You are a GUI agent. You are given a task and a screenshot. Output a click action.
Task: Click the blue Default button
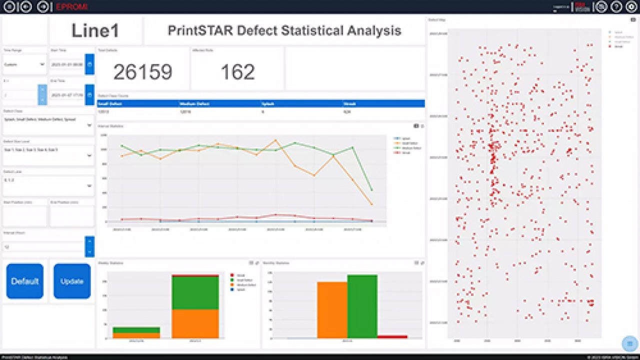pyautogui.click(x=24, y=281)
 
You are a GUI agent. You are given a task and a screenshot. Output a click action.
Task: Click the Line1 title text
pyautogui.click(x=95, y=31)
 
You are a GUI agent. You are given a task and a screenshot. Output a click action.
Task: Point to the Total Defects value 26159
pyautogui.click(x=142, y=72)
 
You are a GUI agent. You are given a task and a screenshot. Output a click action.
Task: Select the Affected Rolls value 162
pyautogui.click(x=237, y=72)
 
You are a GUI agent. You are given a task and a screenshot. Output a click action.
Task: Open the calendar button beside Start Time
pyautogui.click(x=89, y=64)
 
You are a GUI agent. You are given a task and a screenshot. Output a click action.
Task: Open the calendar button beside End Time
pyautogui.click(x=89, y=94)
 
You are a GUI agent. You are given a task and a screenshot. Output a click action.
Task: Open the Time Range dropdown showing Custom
pyautogui.click(x=24, y=64)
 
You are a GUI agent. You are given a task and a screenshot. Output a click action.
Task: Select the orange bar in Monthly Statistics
pyautogui.click(x=332, y=310)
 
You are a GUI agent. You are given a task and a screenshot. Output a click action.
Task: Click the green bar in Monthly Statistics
pyautogui.click(x=362, y=306)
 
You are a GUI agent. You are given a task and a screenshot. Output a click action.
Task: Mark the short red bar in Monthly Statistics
pyautogui.click(x=392, y=336)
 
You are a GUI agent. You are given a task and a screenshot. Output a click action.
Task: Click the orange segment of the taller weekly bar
pyautogui.click(x=195, y=323)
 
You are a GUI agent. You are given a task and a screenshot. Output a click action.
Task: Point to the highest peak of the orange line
pyautogui.click(x=275, y=140)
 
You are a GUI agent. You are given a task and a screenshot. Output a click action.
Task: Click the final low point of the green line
pyautogui.click(x=371, y=190)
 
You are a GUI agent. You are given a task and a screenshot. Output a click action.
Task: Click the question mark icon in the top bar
pyautogui.click(x=616, y=6)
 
